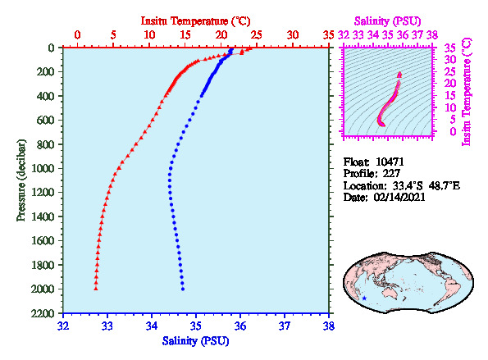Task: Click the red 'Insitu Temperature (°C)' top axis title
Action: point(195,21)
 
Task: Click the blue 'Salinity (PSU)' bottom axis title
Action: point(195,341)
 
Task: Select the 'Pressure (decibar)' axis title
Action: point(21,180)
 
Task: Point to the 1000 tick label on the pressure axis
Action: point(43,168)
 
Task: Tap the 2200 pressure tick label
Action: point(43,313)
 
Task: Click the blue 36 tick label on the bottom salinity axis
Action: point(240,326)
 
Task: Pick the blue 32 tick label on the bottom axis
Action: point(63,326)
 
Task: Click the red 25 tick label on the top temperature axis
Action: point(257,34)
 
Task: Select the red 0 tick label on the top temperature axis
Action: point(77,34)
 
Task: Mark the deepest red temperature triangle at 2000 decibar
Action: point(96,289)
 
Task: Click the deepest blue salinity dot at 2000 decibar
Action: point(183,289)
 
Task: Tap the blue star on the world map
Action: point(364,298)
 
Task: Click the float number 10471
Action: point(390,162)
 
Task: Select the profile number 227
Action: point(391,173)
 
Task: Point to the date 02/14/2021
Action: point(399,198)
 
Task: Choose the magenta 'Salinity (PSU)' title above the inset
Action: point(387,21)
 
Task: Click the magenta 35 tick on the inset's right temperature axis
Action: point(450,48)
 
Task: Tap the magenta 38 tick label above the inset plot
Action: point(432,34)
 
